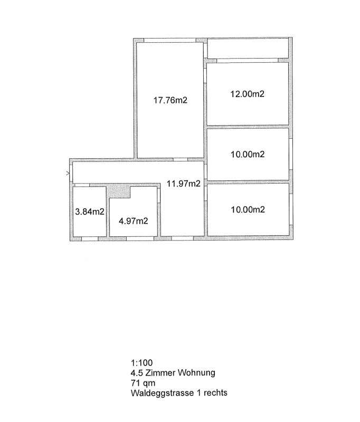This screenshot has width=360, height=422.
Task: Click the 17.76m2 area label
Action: tap(170, 100)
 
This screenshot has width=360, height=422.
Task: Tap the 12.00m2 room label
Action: tap(247, 94)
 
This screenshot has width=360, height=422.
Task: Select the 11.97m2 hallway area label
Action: tap(183, 184)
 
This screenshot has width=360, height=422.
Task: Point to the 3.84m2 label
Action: tap(90, 212)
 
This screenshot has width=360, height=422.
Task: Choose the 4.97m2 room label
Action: tap(133, 221)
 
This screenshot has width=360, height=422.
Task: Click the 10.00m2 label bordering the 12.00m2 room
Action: tap(248, 154)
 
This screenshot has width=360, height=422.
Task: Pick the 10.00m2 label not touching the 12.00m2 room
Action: tap(248, 209)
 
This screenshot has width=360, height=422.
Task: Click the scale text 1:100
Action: tap(141, 362)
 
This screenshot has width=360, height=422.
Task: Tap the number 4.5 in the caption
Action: tap(137, 373)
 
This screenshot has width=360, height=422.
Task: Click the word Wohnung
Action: tap(196, 373)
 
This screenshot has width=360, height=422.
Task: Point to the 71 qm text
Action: tap(143, 383)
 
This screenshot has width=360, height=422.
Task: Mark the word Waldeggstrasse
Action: tap(162, 393)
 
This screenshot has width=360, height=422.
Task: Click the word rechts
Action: tap(215, 393)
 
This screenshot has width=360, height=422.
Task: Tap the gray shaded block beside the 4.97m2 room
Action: tap(118, 191)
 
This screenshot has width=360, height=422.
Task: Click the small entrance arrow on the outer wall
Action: tap(68, 174)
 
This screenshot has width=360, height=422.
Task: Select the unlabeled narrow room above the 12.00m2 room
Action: tap(248, 48)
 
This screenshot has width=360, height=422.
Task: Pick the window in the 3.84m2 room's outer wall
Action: tap(89, 238)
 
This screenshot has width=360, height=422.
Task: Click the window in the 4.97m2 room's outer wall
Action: tap(140, 238)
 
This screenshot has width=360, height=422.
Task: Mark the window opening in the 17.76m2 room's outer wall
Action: tap(169, 41)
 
